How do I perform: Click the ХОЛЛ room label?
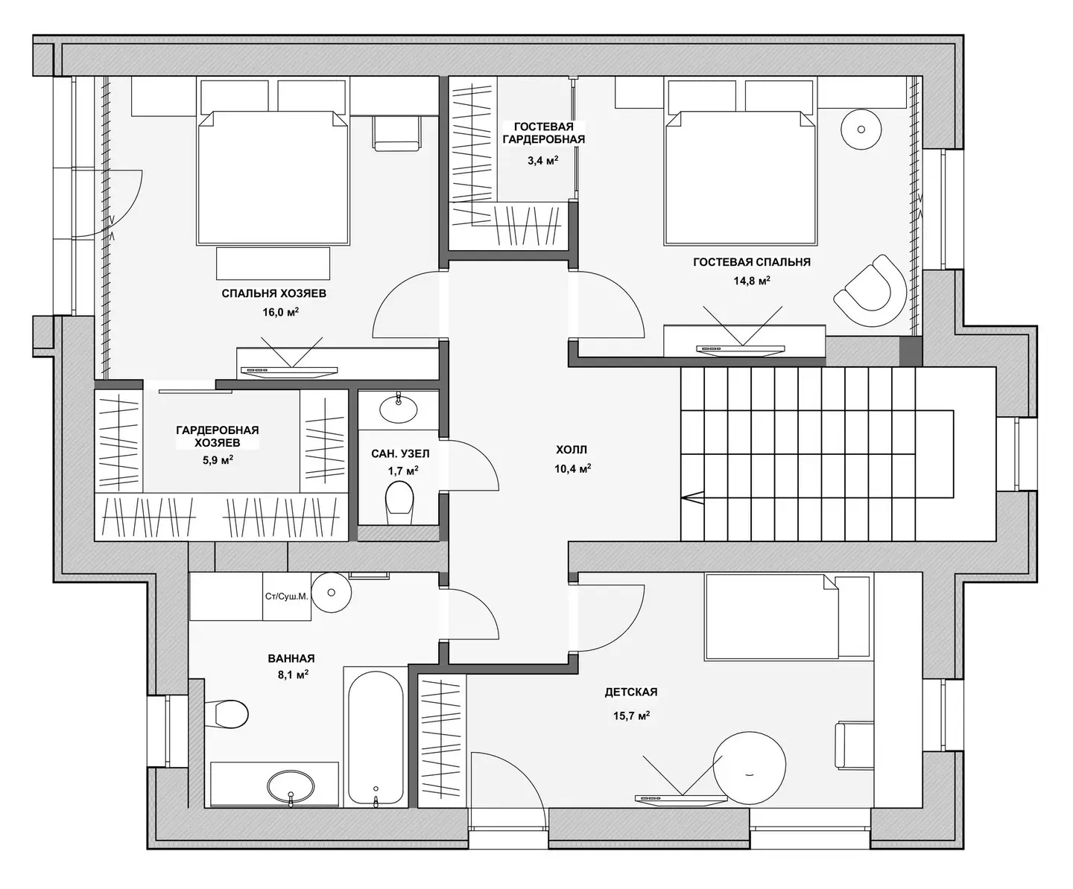tap(572, 450)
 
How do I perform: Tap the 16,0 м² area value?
tap(281, 312)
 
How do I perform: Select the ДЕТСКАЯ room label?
tap(631, 692)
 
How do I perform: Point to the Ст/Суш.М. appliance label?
tap(287, 596)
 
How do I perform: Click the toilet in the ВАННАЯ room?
tap(226, 713)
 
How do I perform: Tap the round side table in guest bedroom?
tap(861, 130)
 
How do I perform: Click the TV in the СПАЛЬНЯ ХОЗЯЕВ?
tap(289, 372)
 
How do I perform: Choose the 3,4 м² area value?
tap(542, 161)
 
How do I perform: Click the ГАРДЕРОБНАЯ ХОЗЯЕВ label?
tap(218, 436)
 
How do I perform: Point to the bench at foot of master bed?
tap(273, 264)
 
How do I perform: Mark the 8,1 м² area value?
tap(293, 675)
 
